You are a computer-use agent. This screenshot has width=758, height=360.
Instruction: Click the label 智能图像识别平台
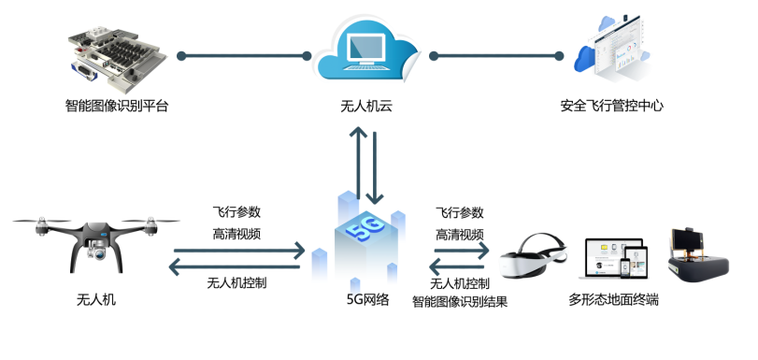[118, 106]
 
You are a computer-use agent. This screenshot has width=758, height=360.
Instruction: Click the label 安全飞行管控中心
[611, 106]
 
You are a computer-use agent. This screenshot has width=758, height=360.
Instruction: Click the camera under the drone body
[97, 250]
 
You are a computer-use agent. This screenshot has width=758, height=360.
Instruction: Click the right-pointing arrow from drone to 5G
[237, 250]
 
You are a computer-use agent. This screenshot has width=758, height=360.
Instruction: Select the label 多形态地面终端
[613, 300]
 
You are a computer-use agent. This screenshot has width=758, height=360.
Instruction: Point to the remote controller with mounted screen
[696, 257]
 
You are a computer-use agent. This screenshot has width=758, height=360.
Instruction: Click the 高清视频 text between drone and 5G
[236, 234]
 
